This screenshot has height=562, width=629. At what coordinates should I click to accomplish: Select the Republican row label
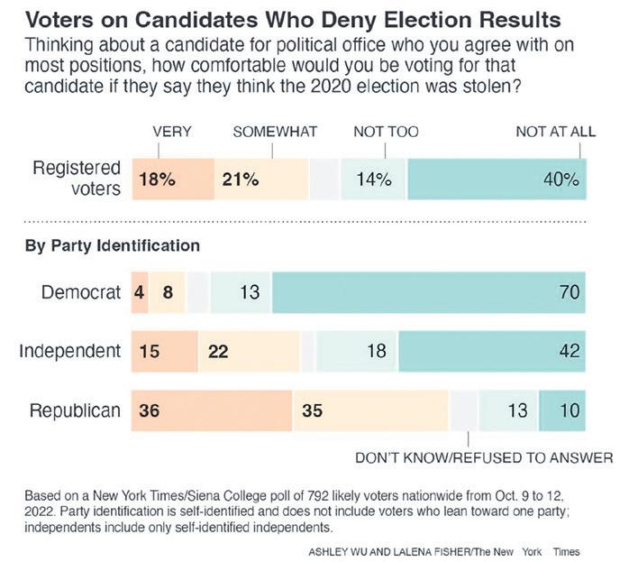75,410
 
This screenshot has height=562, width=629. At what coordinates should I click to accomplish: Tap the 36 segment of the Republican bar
212,410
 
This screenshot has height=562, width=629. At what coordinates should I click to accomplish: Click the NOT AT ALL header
555,132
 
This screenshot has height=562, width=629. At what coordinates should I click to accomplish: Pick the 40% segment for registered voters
497,179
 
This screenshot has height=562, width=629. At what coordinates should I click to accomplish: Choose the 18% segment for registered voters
173,179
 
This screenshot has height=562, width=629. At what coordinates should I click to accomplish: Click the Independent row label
69,351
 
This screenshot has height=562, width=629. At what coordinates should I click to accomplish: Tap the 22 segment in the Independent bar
249,351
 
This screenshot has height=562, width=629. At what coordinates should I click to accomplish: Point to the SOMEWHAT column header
275,132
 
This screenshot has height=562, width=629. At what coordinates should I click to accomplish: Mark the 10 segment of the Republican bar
562,410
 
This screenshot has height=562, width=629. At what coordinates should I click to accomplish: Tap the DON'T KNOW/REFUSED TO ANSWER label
484,458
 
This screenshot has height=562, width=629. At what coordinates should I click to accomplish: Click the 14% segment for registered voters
374,179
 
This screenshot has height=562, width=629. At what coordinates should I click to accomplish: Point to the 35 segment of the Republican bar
371,410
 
